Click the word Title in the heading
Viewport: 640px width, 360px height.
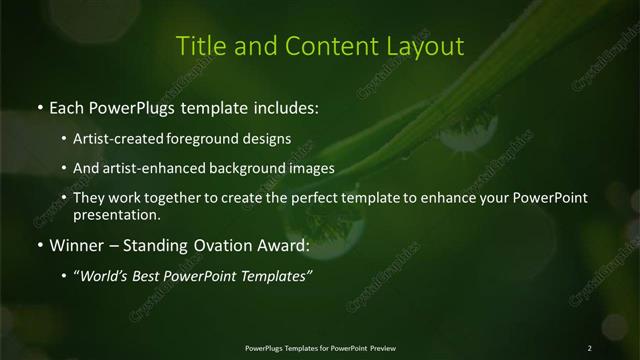tap(198, 46)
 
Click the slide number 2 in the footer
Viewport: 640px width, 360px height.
tap(590, 347)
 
